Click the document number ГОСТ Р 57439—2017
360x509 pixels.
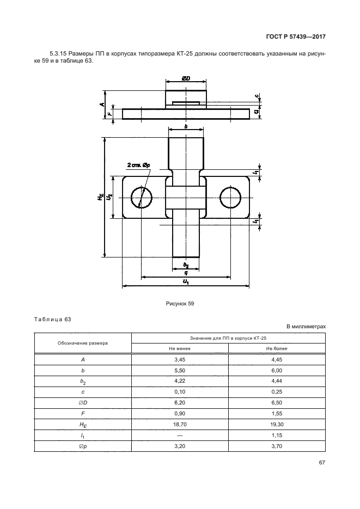pyautogui.click(x=296, y=36)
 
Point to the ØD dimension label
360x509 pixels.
pyautogui.click(x=186, y=78)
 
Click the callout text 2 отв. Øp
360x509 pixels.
pyautogui.click(x=139, y=165)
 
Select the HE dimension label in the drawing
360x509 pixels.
pyautogui.click(x=100, y=197)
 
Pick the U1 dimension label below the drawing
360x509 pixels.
pyautogui.click(x=186, y=282)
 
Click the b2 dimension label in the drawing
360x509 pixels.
pyautogui.click(x=186, y=265)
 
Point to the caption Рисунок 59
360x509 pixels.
pyautogui.click(x=180, y=304)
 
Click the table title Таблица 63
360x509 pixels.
pyautogui.click(x=53, y=320)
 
